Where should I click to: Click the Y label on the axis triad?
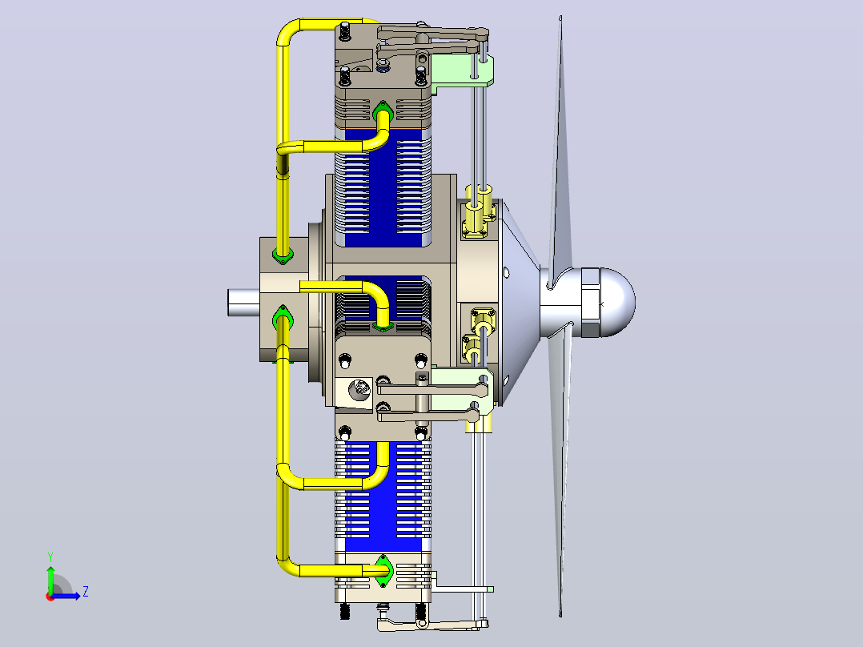50,557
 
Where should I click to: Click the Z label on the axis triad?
86,592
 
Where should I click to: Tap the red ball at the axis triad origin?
50,597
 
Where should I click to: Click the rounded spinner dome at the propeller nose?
617,302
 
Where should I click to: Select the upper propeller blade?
561,149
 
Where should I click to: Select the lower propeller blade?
561,468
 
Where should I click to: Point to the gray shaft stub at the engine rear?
243,303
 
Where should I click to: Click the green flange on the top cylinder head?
383,113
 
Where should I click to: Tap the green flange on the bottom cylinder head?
383,571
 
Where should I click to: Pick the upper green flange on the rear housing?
283,255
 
